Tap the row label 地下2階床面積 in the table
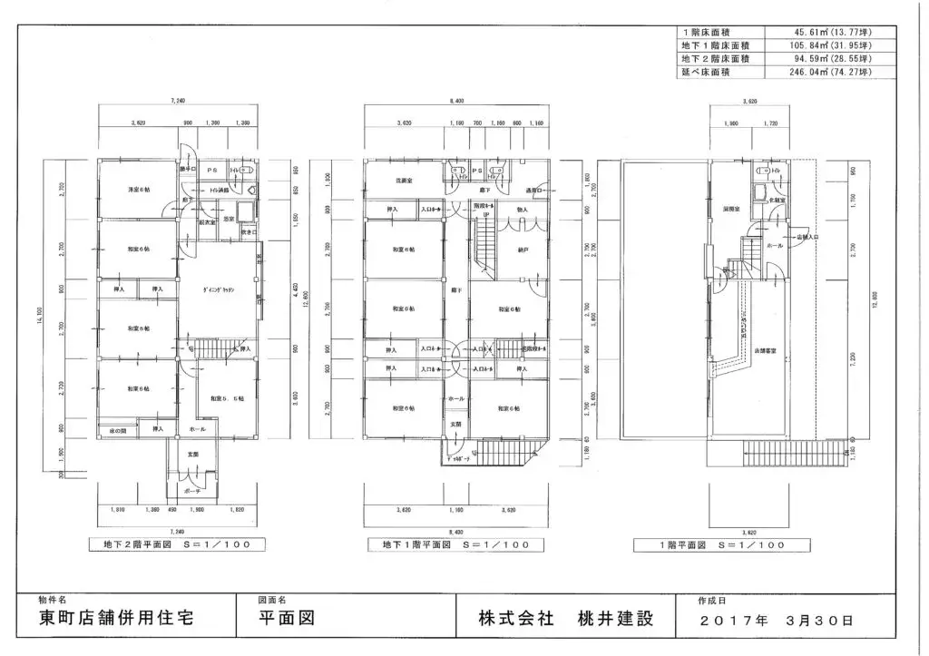click(716, 58)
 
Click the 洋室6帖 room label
click(139, 190)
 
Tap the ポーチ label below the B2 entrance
click(191, 490)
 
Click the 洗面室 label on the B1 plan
click(405, 181)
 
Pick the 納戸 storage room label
click(523, 249)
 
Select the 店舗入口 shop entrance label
click(807, 238)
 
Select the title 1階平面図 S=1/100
click(722, 544)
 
